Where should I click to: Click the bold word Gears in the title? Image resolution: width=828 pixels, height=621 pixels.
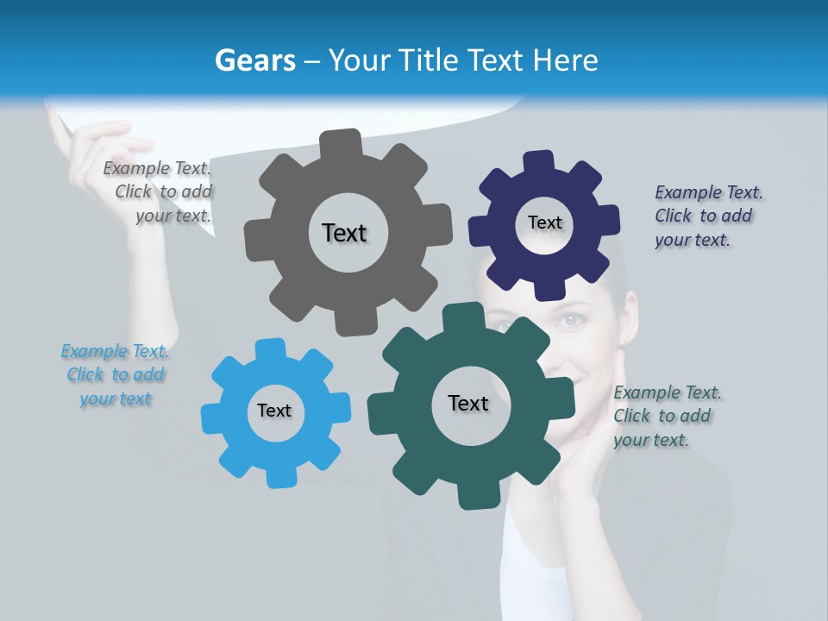click(254, 60)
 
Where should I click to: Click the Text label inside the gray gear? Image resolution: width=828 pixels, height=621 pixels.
click(344, 233)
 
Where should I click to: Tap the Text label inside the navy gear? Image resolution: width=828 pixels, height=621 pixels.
click(544, 223)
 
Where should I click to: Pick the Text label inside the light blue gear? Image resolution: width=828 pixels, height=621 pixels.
click(274, 411)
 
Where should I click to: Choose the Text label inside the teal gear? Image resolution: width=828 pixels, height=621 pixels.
click(468, 403)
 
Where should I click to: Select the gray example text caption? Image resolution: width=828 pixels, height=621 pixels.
click(158, 192)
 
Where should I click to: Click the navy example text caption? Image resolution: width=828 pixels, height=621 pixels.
click(708, 216)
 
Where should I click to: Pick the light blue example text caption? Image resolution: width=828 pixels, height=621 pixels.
click(116, 375)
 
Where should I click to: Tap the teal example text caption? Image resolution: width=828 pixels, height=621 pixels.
click(667, 416)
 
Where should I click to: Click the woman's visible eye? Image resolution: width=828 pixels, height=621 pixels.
click(569, 321)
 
